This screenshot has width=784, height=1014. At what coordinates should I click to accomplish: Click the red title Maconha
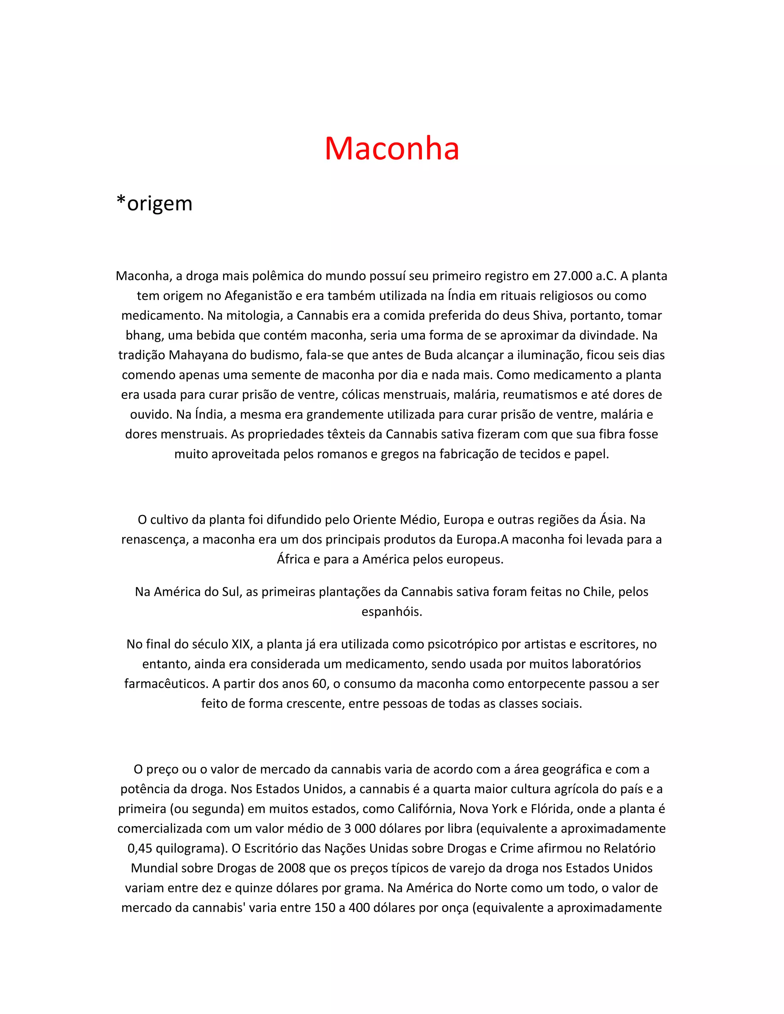(392, 149)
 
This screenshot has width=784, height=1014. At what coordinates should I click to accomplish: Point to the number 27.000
(572, 276)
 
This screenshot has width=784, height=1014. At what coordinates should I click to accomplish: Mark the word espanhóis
(392, 612)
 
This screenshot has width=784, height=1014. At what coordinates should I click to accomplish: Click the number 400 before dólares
(359, 908)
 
